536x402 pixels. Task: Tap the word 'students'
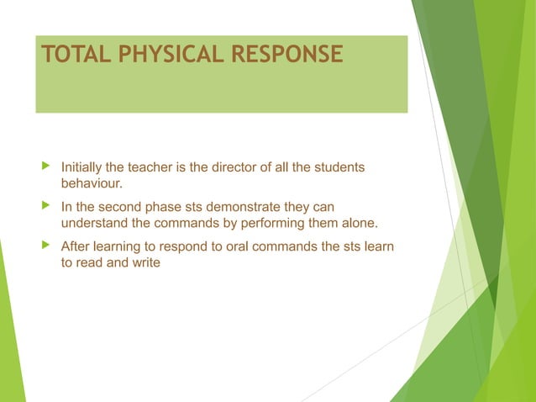(339, 167)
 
